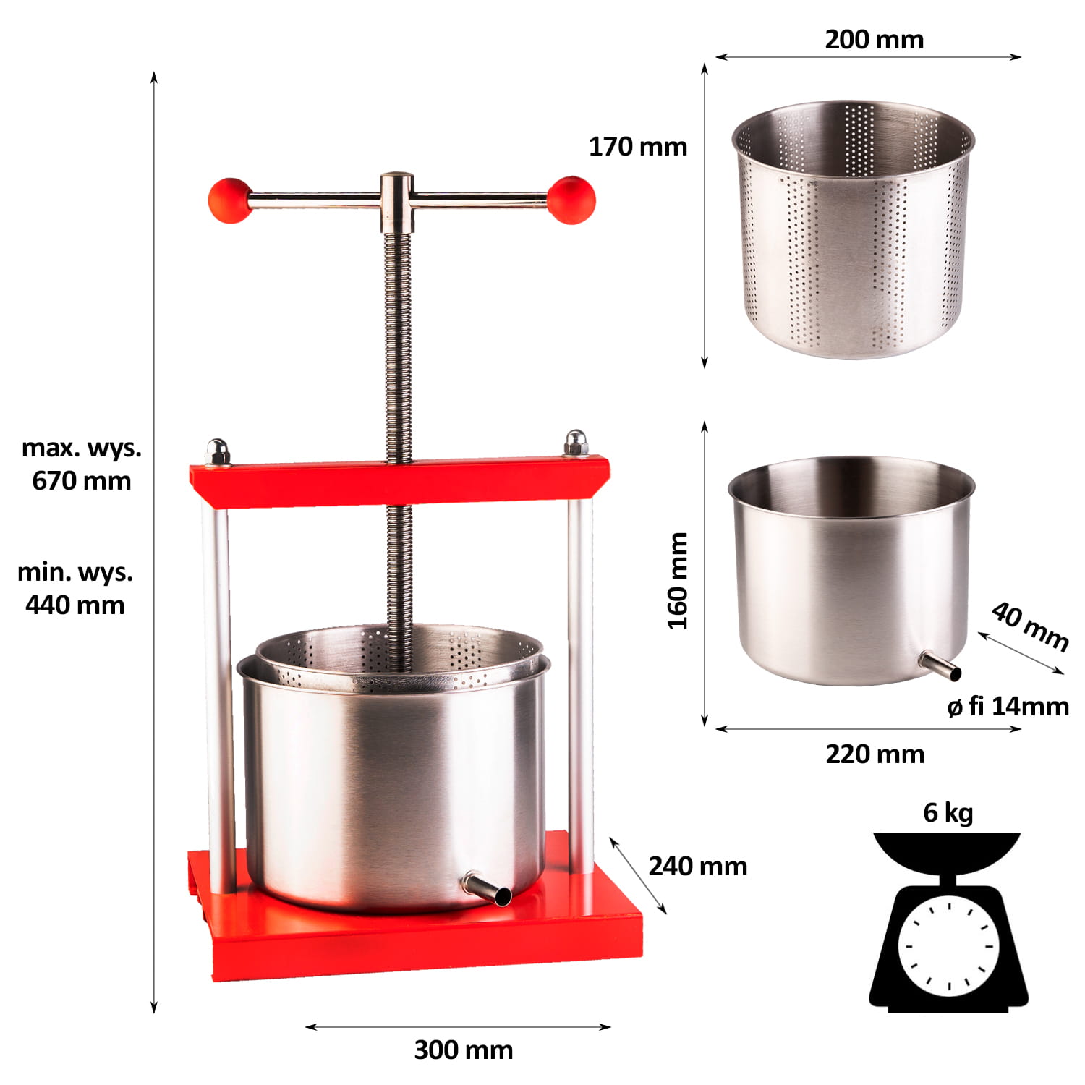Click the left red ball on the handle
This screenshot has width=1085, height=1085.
[x=229, y=200]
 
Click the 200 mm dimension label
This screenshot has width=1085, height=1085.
[x=875, y=39]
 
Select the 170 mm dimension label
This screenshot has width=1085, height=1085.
[x=638, y=146]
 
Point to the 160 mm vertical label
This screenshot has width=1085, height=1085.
[x=678, y=581]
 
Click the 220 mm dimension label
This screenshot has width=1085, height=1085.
[x=875, y=754]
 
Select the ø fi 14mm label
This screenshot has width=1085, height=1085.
[x=1008, y=706]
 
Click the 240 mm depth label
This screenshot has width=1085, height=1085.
[x=698, y=866]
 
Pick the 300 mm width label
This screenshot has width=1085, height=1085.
[x=464, y=1050]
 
